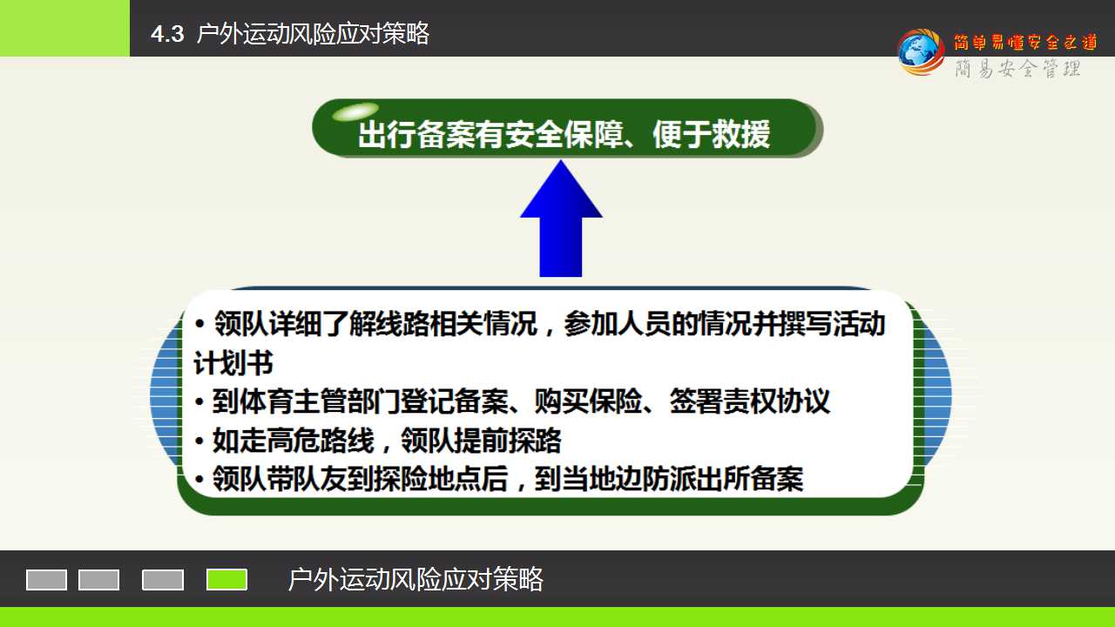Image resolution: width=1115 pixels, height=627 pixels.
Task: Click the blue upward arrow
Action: (x=561, y=219)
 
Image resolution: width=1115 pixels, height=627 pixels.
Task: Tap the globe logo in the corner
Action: (x=921, y=51)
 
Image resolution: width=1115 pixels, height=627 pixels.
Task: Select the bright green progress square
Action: (x=226, y=580)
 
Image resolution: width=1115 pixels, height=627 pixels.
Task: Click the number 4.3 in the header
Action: (x=167, y=34)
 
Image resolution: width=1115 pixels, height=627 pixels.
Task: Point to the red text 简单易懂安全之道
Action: (x=1026, y=42)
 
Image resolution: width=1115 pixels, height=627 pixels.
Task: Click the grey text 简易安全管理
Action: (x=1017, y=68)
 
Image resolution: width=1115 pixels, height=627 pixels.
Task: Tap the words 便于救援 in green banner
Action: (x=712, y=134)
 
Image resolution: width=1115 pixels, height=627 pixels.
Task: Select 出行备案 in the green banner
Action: (x=416, y=134)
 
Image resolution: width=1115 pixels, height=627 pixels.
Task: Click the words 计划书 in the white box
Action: (x=233, y=363)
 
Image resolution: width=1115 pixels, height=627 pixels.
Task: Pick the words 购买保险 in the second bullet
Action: (x=588, y=401)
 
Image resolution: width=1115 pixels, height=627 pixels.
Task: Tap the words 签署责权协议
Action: (x=750, y=401)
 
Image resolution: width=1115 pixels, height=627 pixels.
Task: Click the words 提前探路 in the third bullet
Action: (x=508, y=441)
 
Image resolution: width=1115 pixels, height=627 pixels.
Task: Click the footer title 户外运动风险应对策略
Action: (x=416, y=579)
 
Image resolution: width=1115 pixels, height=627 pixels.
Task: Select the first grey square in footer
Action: (x=46, y=580)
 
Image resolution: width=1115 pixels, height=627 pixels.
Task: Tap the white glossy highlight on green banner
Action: (x=355, y=111)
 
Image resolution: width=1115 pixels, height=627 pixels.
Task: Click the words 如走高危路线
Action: (x=294, y=441)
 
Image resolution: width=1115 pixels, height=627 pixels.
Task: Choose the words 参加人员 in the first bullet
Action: (x=618, y=323)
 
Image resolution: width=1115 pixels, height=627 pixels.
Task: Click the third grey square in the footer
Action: (x=163, y=580)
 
